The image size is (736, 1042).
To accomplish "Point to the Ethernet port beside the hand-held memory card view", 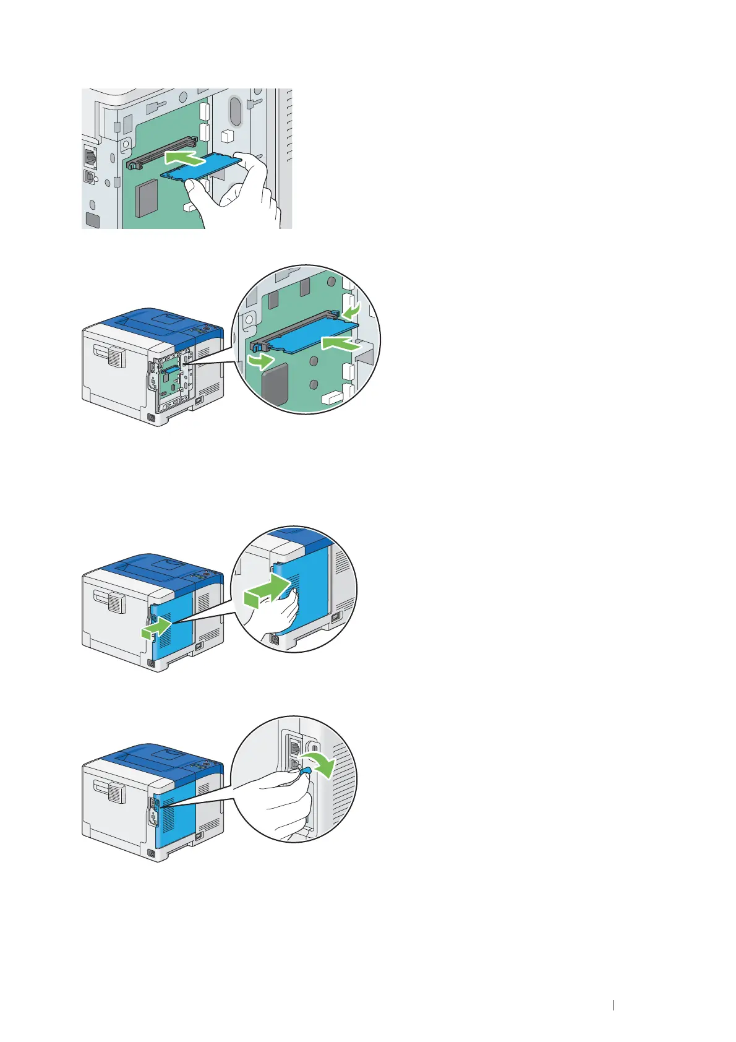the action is pos(90,157).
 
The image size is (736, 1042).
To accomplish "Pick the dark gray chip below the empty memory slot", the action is pos(147,199).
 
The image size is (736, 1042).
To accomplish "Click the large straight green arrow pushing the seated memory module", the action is pos(340,343).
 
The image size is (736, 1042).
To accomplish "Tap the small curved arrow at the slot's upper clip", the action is pos(351,309).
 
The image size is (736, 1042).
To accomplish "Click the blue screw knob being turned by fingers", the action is pos(305,770).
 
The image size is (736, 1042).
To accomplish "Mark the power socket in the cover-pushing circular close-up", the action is pos(336,617).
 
